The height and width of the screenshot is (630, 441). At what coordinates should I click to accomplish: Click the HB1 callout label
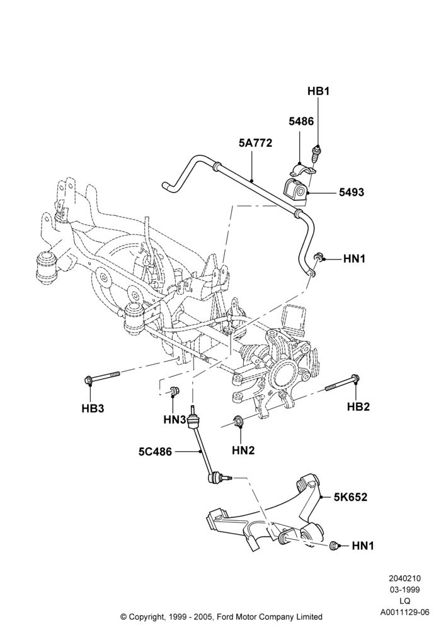318,91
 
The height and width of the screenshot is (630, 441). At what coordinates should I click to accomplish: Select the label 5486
301,121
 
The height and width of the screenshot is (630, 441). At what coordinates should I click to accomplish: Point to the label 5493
352,192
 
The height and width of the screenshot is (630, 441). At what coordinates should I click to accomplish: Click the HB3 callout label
93,409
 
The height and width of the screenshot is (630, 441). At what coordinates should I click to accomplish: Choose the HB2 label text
358,406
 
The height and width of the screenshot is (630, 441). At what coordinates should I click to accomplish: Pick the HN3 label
175,420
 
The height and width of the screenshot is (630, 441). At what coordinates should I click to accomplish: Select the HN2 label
243,451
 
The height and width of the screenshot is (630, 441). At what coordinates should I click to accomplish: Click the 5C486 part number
155,452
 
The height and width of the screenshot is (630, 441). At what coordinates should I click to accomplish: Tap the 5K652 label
350,497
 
